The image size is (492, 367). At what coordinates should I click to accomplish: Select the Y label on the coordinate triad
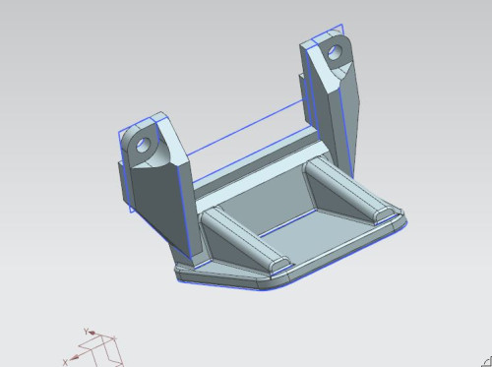click(x=87, y=332)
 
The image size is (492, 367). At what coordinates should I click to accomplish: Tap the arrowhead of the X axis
click(x=74, y=357)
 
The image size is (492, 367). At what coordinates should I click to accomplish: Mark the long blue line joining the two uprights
click(x=246, y=126)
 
